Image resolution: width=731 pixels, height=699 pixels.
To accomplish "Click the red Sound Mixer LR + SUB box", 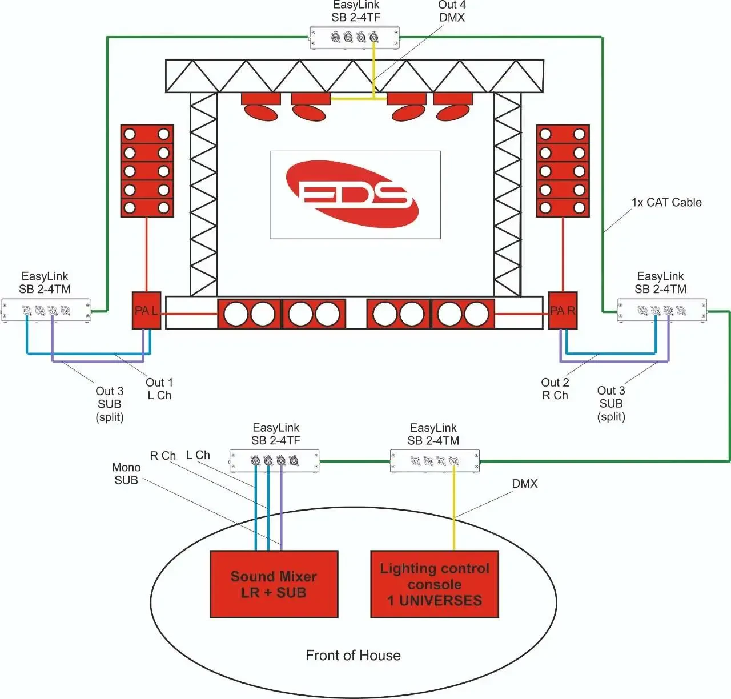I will click(274, 584).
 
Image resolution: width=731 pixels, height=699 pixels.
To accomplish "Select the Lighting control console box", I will click(435, 584).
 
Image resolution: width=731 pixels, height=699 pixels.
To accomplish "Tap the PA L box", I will click(146, 311).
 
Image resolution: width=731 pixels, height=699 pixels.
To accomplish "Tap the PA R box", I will click(563, 311).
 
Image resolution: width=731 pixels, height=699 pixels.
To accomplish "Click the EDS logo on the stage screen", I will click(355, 194).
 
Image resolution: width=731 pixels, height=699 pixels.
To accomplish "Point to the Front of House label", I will click(353, 655).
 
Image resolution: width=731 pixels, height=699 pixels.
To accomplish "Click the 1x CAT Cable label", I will click(666, 202).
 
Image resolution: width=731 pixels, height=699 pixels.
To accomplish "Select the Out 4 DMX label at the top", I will click(452, 11).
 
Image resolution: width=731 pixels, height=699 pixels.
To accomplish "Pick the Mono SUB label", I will click(126, 474).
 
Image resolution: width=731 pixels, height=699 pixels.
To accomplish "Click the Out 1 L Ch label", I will click(159, 389).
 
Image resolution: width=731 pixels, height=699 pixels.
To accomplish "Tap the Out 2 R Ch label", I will click(555, 389).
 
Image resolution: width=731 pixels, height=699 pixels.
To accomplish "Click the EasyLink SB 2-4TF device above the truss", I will click(355, 38).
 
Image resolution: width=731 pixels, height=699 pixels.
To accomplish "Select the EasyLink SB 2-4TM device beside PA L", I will click(46, 311).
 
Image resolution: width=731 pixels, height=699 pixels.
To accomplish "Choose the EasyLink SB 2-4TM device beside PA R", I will click(662, 311).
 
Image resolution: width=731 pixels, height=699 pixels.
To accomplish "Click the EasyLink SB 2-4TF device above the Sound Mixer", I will click(275, 461).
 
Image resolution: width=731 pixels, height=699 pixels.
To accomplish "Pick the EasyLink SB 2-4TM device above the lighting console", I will click(435, 461).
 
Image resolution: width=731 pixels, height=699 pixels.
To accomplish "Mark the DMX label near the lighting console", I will click(524, 484).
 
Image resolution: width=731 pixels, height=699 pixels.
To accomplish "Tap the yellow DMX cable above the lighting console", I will click(454, 508).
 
